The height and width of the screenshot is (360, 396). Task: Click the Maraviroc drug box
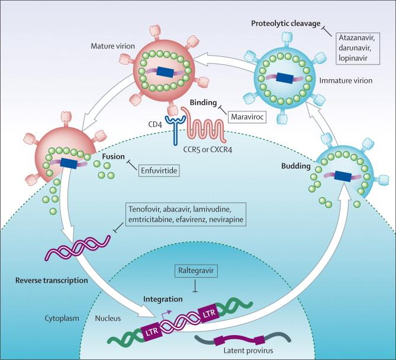click(247, 117)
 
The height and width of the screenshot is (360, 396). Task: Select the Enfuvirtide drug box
click(159, 171)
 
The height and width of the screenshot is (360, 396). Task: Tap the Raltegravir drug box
click(196, 271)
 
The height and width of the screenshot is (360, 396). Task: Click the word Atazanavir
click(355, 38)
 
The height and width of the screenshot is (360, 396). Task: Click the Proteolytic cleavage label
click(286, 24)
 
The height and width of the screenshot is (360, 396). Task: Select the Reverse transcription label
click(51, 281)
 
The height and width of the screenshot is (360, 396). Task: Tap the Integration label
click(163, 299)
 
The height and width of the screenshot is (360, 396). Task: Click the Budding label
click(296, 166)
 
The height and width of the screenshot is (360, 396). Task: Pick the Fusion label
click(114, 156)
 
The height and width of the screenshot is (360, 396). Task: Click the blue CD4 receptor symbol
click(176, 128)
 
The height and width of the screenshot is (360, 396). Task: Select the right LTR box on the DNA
click(210, 313)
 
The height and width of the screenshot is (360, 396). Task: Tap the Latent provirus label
click(248, 351)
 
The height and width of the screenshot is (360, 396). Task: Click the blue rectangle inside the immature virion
click(284, 78)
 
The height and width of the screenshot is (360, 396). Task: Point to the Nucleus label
click(108, 319)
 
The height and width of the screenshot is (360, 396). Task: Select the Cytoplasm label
click(62, 318)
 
